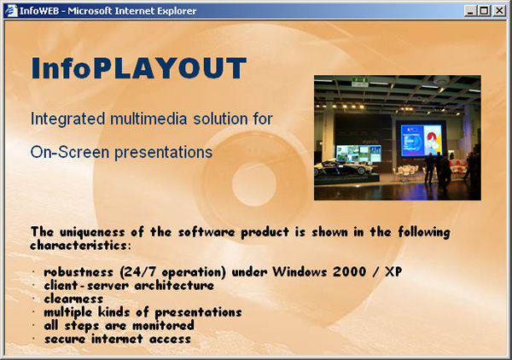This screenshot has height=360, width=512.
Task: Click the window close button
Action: click(499, 11)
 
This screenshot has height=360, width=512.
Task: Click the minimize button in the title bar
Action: click(470, 11)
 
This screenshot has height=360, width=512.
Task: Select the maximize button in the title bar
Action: click(484, 11)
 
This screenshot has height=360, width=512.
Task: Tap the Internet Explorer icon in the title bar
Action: click(10, 11)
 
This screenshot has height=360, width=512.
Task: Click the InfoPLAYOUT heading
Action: click(139, 68)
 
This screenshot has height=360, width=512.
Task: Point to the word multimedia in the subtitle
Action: click(148, 119)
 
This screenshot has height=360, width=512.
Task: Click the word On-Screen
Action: click(70, 153)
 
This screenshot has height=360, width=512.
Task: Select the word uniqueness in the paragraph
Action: click(92, 232)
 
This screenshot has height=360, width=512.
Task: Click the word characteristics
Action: click(79, 246)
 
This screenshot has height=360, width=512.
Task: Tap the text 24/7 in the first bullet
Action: click(143, 272)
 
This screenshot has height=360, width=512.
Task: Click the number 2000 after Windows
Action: click(349, 271)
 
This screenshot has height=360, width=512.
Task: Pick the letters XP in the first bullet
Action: click(393, 271)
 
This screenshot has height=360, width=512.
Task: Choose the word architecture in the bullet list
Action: click(174, 286)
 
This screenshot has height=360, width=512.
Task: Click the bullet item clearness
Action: click(73, 299)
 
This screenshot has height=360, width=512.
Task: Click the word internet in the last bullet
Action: click(117, 339)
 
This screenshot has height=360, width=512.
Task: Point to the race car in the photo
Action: click(342, 167)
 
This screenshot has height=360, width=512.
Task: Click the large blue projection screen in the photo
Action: click(422, 140)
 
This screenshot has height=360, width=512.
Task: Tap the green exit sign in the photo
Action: click(359, 82)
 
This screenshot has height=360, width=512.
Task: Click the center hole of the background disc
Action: click(253, 184)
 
